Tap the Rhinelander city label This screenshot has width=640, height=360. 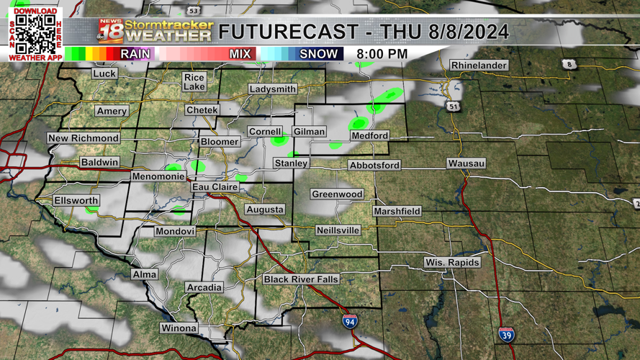coord(479,66)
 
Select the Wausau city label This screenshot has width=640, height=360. coord(466,164)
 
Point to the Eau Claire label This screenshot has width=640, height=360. coord(215,187)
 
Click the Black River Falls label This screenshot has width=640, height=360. coord(301,279)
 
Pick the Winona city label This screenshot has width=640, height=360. coord(179,328)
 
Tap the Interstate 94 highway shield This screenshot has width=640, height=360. coord(350,321)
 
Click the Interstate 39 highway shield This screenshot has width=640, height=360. coord(506,334)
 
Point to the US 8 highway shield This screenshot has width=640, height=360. coord(569,65)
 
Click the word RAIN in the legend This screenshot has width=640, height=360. coord(135,54)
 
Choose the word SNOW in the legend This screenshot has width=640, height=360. coord(318,54)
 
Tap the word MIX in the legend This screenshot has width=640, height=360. coord(240,54)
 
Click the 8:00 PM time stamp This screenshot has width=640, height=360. coord(382,54)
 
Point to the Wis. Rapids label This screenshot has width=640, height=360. coord(451,263)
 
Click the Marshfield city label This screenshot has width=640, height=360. coord(397,212)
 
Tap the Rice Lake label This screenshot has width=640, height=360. coord(194,81)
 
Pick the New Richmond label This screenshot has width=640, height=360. coord(84,138)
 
